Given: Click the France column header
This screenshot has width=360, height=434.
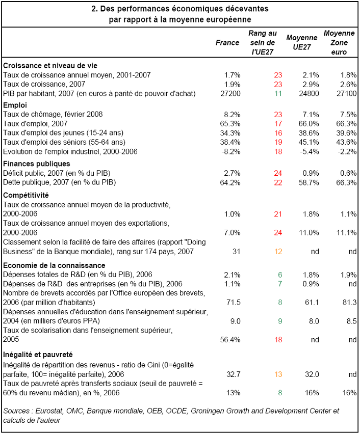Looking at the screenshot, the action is pos(227,43).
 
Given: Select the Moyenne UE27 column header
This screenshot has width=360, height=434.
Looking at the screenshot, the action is pos(301,42).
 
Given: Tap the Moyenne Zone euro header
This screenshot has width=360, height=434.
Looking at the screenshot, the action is pos(339,43).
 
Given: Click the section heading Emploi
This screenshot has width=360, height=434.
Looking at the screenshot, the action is pos(15,105).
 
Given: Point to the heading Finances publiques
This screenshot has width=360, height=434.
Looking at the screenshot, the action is pos(37,164).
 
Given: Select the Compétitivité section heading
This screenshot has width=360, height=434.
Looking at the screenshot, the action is pos(26,196).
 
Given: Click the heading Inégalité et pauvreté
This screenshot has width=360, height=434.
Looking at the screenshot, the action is pos(38,355).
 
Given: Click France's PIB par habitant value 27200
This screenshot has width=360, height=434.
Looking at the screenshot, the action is pos(230,94).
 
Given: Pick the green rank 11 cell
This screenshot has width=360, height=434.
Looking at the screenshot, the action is pos(278,94).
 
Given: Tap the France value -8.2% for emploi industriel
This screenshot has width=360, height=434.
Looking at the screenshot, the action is pos(231,152).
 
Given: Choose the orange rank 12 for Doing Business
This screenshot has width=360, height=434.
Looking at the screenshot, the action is pos(278,252).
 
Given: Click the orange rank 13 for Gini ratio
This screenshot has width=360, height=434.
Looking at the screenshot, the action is pos(278,374).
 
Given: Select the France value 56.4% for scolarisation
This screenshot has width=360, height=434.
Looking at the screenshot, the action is pos(230,340).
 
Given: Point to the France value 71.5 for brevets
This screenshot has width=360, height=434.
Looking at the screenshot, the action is pos(234,303).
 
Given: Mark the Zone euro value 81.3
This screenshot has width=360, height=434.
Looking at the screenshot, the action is pos(349,303).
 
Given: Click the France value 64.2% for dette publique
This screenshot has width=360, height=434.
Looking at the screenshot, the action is pos(230,183).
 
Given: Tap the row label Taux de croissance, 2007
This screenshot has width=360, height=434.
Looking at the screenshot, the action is pos(44,84).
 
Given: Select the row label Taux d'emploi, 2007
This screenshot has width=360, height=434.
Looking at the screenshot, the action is pos(35,124).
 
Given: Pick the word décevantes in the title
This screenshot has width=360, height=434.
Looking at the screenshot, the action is pos(247,9).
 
